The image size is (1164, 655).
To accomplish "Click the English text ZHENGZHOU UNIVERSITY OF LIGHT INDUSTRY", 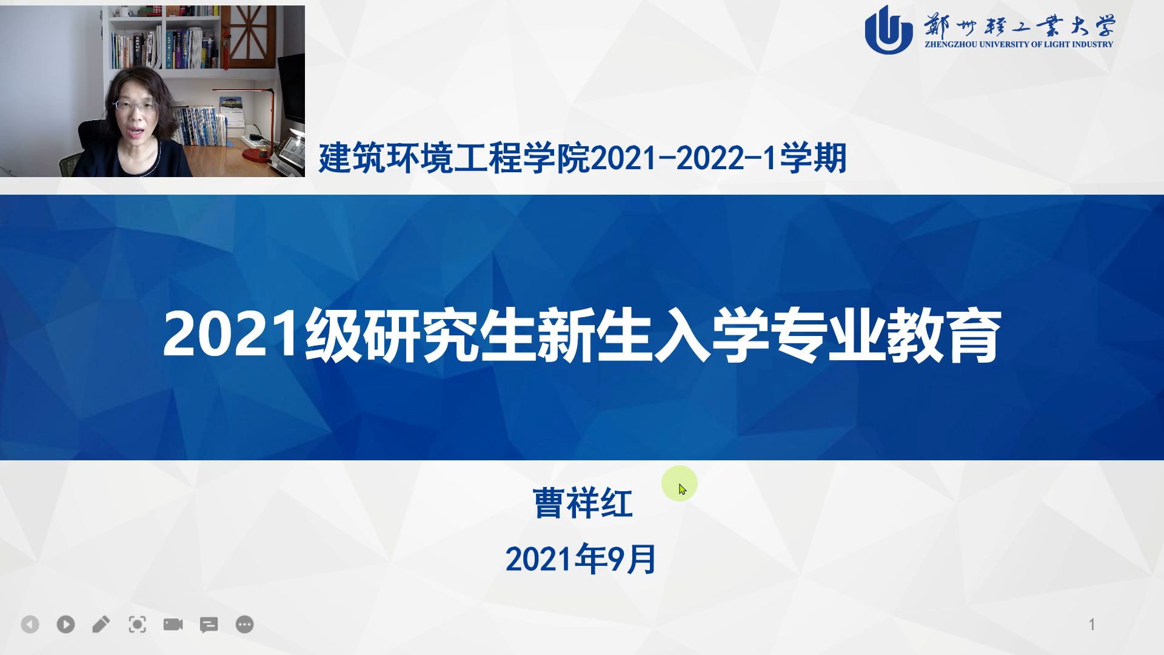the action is (1019, 44).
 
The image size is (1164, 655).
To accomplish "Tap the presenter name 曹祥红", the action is (583, 503).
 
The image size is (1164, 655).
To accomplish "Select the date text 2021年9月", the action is (581, 559).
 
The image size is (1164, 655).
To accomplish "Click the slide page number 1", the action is (1092, 624).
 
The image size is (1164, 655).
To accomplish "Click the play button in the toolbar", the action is (65, 624).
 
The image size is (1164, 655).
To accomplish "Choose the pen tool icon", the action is (101, 624).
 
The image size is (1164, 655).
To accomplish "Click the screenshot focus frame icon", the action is (137, 624).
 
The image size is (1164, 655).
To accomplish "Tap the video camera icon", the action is (173, 624).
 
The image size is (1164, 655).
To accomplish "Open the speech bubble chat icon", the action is (209, 625).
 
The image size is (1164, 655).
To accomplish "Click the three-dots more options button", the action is (244, 624).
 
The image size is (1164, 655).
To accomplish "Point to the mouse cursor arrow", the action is (683, 489).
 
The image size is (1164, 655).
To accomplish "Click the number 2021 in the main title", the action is (232, 335).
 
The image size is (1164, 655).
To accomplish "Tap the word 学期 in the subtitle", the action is (813, 158).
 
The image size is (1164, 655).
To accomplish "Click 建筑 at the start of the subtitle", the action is (352, 158).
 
